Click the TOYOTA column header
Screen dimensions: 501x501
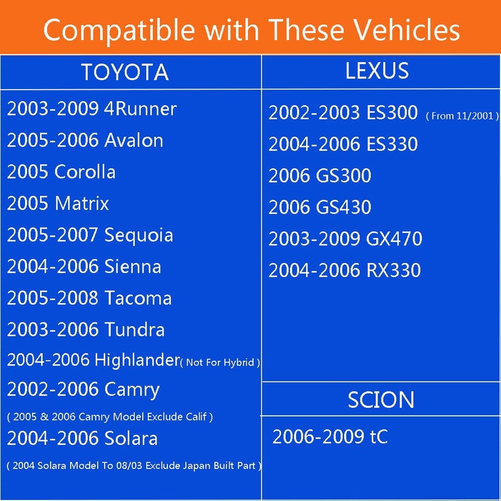point(125,72)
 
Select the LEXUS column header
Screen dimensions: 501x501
point(377,71)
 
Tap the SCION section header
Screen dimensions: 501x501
point(381,400)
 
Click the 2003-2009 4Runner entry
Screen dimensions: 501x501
point(92,109)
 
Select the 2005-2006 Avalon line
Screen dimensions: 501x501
point(85,140)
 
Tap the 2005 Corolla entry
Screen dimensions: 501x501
point(61,172)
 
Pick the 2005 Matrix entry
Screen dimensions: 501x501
point(58,204)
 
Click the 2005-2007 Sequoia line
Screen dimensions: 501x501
point(90,235)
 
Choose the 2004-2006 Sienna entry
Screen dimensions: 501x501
point(84,267)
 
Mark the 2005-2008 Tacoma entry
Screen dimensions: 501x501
point(89,298)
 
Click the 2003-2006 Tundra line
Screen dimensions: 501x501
point(86,329)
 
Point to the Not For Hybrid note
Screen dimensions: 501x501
point(220,363)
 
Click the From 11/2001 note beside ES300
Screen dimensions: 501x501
point(462,116)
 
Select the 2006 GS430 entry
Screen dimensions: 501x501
point(320,207)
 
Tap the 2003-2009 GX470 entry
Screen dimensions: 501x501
point(345,239)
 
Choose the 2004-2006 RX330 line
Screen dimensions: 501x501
point(344,270)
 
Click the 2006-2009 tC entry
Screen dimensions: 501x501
point(330,436)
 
